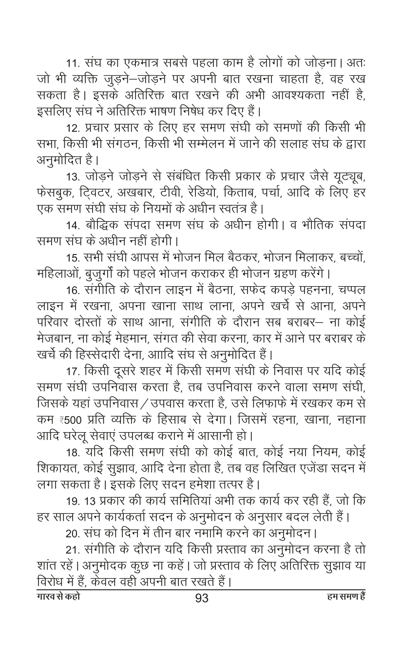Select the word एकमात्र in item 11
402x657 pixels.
coord(143,64)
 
